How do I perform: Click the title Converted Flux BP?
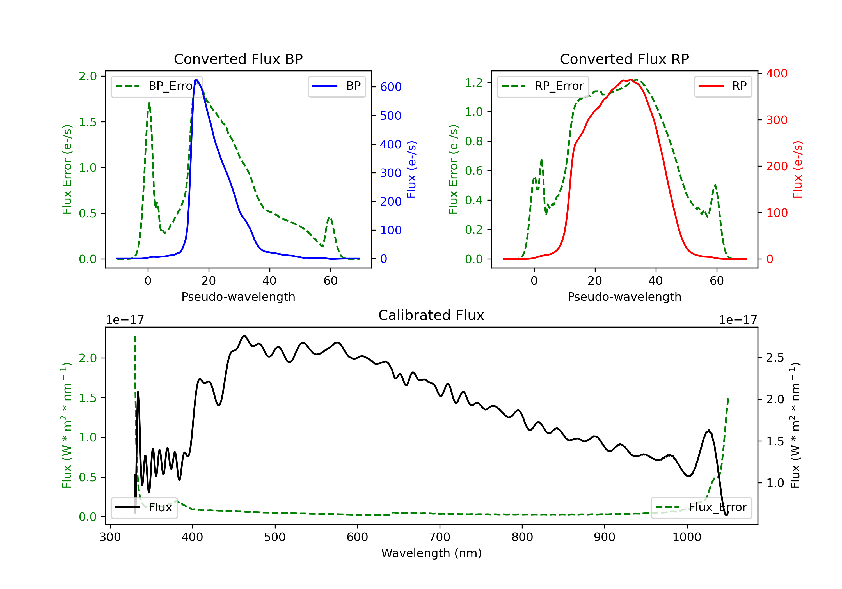click(238, 59)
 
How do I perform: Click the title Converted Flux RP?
click(624, 59)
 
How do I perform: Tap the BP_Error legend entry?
click(157, 86)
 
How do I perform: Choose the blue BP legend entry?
click(337, 86)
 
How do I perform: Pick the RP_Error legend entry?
click(543, 86)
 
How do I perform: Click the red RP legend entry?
click(723, 86)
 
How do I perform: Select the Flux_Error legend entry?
click(701, 507)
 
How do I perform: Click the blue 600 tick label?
click(391, 87)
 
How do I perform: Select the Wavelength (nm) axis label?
click(431, 553)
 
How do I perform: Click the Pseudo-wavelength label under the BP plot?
click(238, 296)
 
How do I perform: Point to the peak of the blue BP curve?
click(196, 80)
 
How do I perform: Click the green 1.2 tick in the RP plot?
click(474, 82)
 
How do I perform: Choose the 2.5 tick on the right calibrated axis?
click(775, 357)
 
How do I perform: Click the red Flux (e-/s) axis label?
click(798, 169)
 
